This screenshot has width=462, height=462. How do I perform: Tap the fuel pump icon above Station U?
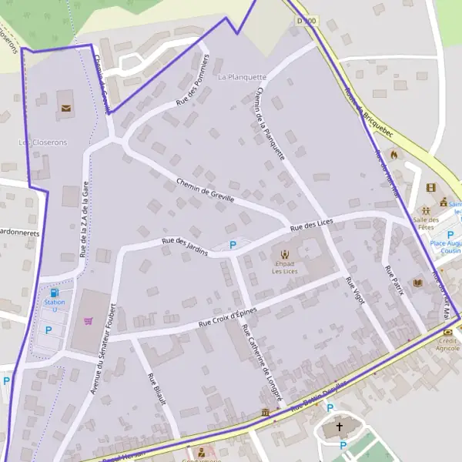pos(54,293)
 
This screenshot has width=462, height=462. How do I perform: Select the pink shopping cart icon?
pos(89,320)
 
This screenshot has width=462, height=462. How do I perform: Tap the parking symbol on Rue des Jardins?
pos(233,245)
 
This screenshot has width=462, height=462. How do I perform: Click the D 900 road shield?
pos(306,21)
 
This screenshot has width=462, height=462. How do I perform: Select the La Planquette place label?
pos(242,77)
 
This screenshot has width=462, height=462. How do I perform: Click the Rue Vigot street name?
pos(354,292)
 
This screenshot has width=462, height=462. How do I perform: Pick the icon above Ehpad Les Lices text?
pos(285,254)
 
